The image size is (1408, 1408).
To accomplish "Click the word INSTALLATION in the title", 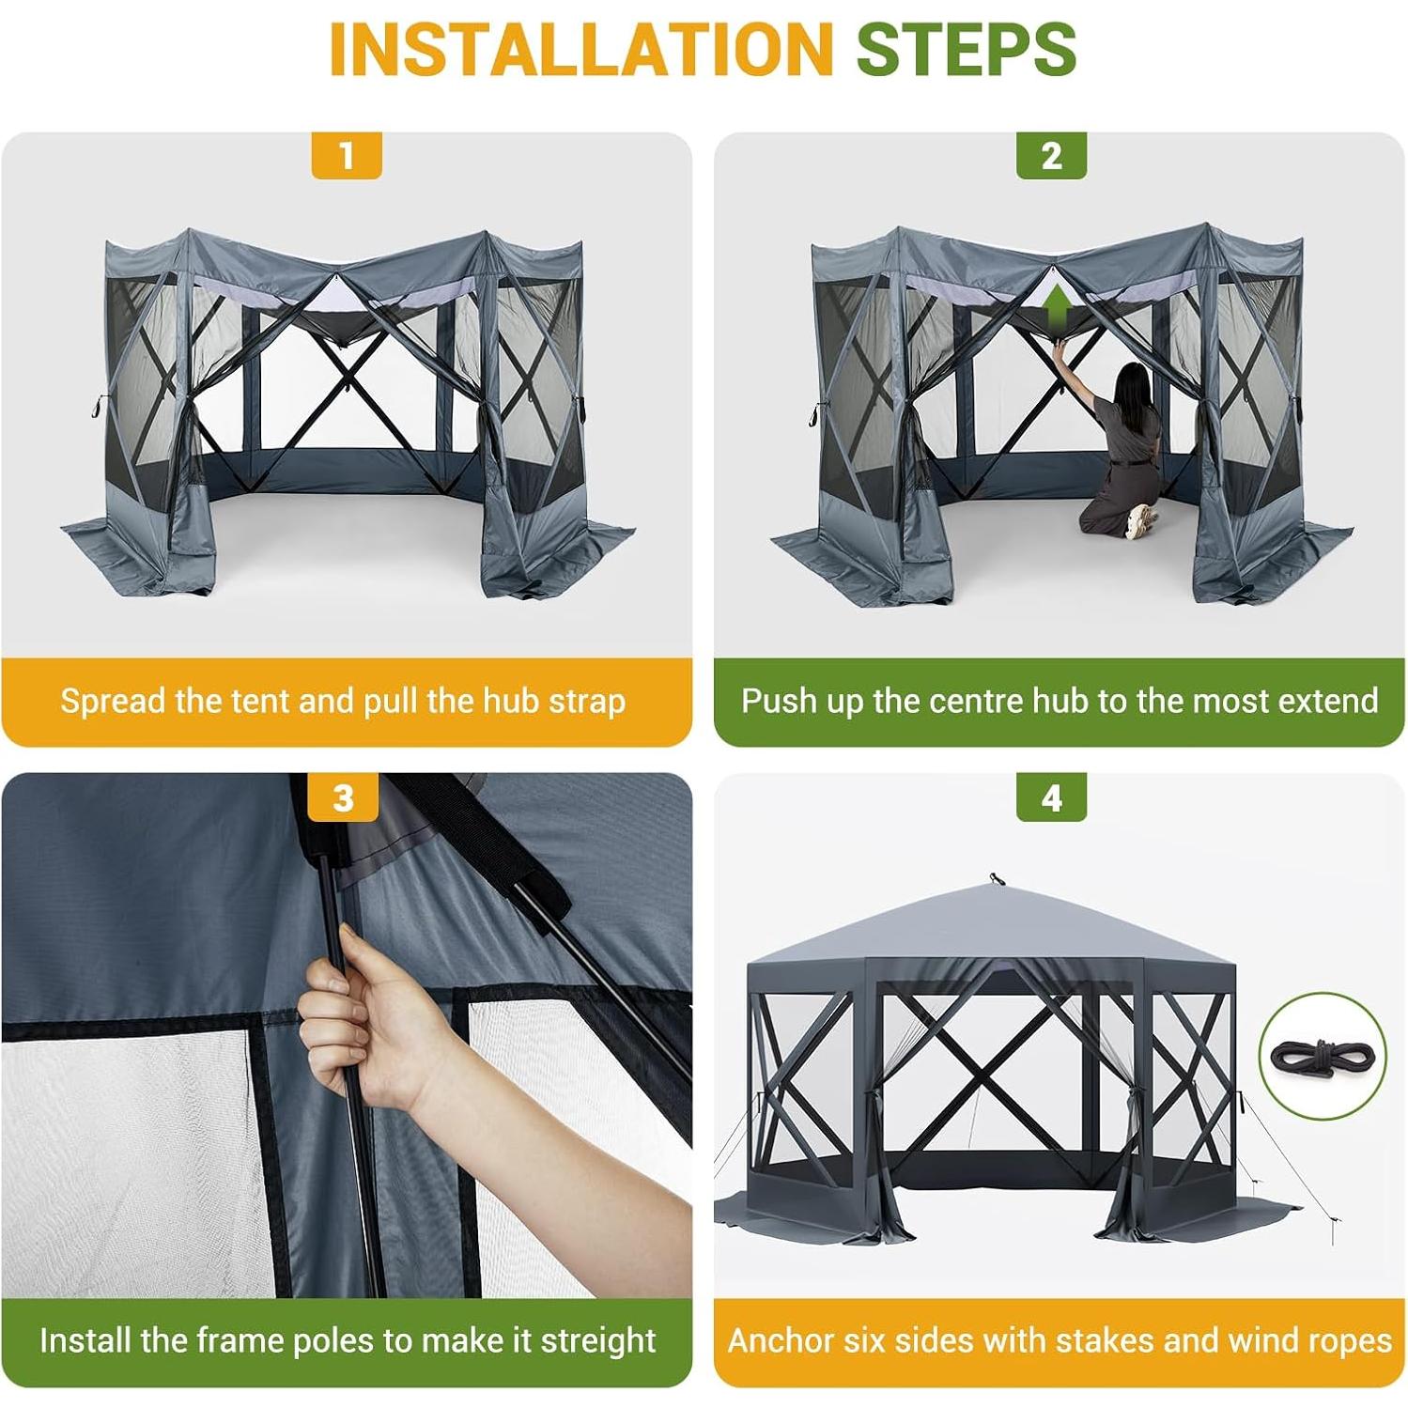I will pos(580,49).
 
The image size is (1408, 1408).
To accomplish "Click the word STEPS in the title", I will pos(966,49).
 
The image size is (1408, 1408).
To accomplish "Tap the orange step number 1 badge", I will pos(347,155).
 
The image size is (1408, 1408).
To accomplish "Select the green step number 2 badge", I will pos(1051,155).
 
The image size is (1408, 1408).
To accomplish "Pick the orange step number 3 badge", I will pos(344,797).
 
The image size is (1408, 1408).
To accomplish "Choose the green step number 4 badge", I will pos(1051,797).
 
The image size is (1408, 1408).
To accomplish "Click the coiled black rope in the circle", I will pos(1322,1056).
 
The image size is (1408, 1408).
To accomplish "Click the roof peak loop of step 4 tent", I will pos(996,879).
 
